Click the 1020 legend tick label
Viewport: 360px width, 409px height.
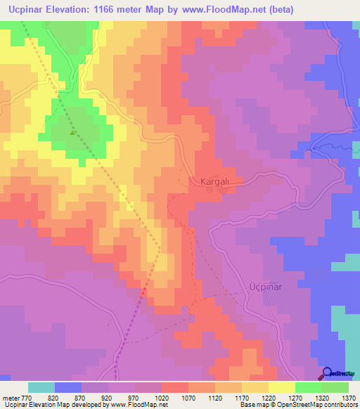[x=162, y=398]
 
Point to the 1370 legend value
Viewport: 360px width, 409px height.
[x=348, y=398]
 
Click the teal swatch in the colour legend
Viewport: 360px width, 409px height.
[x=41, y=387]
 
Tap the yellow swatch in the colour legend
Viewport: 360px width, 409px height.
[x=282, y=387]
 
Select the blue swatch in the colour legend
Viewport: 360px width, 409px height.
[x=68, y=387]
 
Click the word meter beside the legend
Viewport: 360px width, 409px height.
[x=10, y=398]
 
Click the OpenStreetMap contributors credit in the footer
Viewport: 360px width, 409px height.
[x=316, y=405]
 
